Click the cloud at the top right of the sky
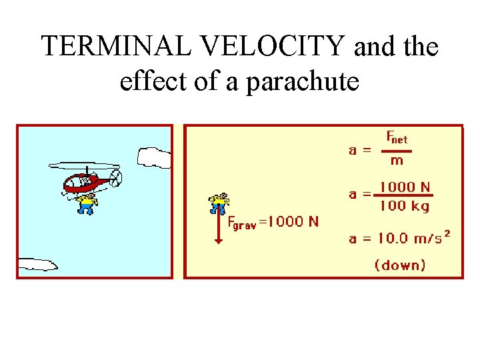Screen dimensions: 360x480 [154, 157]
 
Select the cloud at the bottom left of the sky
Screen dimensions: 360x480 [37, 265]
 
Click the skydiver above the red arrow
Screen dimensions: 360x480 [218, 203]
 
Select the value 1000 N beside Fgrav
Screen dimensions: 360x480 [293, 222]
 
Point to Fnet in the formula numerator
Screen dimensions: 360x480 [397, 138]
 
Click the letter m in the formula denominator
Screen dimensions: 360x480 [397, 160]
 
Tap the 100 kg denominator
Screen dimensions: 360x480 [404, 206]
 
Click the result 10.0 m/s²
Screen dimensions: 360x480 [399, 238]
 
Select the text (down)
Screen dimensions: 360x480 [400, 265]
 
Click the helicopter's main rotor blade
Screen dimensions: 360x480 [84, 165]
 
